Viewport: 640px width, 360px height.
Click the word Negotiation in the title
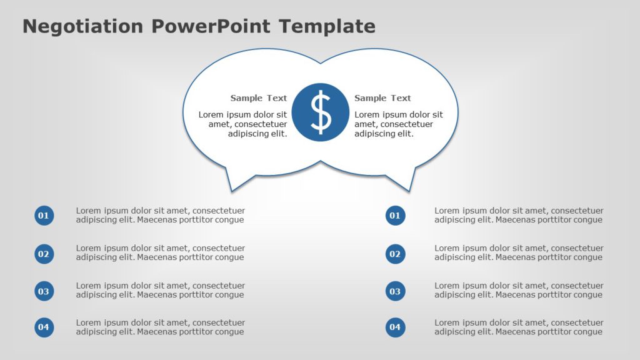point(83,26)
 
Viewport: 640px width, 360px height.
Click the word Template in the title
point(327,26)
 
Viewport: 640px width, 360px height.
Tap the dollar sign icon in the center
point(321,112)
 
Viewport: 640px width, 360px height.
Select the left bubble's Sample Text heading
point(258,98)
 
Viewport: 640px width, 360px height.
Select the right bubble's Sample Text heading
point(382,98)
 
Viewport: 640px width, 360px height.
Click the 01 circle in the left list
point(44,216)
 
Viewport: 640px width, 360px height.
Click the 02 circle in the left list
point(44,254)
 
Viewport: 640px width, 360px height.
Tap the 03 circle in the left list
point(44,291)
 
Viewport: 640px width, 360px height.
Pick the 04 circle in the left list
point(44,327)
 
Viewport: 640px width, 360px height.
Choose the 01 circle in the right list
point(395,216)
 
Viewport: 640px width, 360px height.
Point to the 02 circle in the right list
point(395,254)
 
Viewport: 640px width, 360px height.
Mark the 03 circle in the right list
point(395,291)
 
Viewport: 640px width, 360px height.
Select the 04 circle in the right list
point(395,327)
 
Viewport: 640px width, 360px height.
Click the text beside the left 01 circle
point(160,215)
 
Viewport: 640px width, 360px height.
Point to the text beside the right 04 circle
point(519,327)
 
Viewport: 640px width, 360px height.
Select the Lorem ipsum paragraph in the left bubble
point(243,124)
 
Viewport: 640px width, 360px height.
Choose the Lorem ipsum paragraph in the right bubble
point(398,124)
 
